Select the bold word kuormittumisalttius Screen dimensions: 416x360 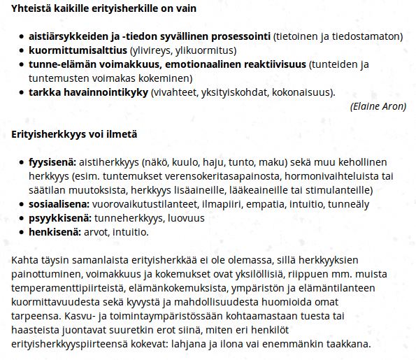(78, 51)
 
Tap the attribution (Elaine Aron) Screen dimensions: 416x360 (378, 106)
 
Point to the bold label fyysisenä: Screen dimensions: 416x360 (53, 162)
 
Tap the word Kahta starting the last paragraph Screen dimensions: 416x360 (26, 260)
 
